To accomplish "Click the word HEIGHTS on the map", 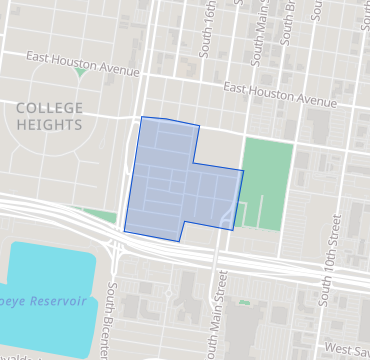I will pyautogui.click(x=48, y=124).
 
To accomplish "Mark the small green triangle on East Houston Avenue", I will pyautogui.click(x=80, y=73).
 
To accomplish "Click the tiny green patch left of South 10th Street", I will pyautogui.click(x=244, y=302).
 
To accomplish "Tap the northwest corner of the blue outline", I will pyautogui.click(x=141, y=117).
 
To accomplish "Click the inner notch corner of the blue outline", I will pyautogui.click(x=194, y=163).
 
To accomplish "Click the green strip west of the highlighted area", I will pyautogui.click(x=98, y=213).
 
